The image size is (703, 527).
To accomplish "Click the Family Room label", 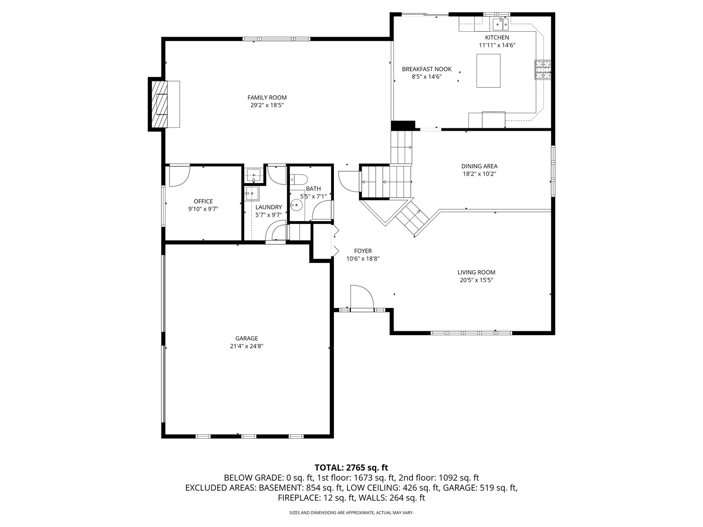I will point(267,98).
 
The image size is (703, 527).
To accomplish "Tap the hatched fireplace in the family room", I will point(159,104).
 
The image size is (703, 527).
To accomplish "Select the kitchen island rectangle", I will point(488,71).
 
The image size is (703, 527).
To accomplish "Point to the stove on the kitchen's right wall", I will point(543,69).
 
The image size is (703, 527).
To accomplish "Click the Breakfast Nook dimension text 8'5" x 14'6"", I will point(426,77).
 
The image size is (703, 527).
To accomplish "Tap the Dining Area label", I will point(479,166).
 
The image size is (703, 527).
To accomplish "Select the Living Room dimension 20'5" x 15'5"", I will point(476,280).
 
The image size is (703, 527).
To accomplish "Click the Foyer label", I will point(363,251).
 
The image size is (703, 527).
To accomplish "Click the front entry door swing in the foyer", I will point(361,298).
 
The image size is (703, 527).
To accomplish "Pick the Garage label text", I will point(247,338).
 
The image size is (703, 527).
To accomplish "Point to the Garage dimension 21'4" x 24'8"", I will point(247,346).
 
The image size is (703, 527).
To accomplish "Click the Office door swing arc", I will point(179,177).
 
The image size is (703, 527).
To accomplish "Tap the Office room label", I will point(203,201).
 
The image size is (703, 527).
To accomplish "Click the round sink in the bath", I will point(296,205).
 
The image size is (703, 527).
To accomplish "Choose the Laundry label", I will point(269,207).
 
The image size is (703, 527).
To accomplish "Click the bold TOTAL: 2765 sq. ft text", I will point(351,467).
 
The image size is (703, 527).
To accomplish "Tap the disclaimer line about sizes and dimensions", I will point(351,513).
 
